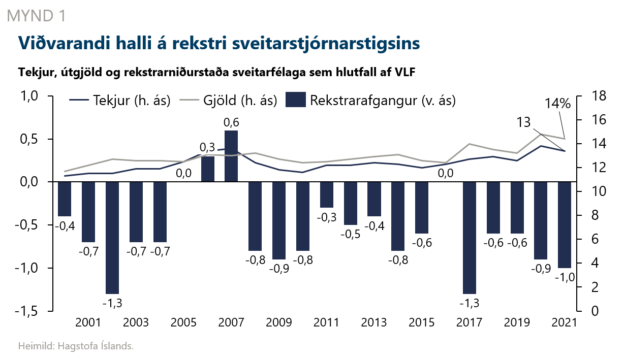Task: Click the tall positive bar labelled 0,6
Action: (231, 156)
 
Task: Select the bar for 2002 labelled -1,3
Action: (112, 237)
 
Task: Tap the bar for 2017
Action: (470, 237)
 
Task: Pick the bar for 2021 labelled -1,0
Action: (565, 224)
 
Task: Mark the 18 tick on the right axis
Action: (592, 96)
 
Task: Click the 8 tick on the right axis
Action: (589, 216)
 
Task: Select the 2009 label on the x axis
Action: (279, 323)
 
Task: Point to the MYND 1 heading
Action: (36, 16)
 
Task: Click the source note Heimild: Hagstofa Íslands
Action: (76, 347)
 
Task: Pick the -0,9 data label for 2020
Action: (540, 269)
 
